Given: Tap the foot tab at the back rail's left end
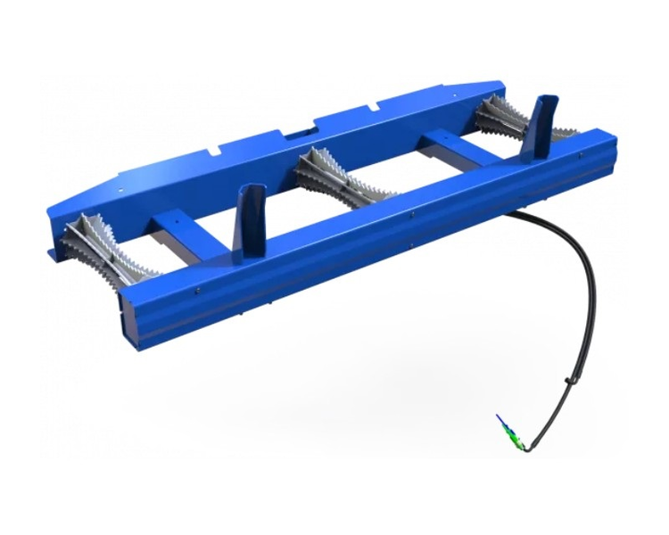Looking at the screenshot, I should (x=55, y=254).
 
